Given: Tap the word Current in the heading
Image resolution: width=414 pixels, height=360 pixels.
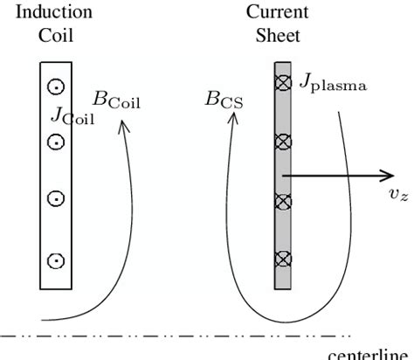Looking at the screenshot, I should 270,14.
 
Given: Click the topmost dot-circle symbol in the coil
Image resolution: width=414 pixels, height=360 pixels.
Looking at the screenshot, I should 54,87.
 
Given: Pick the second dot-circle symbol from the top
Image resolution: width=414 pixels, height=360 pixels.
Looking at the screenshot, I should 54,142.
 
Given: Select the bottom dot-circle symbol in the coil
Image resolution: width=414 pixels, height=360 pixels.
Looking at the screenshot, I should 54,260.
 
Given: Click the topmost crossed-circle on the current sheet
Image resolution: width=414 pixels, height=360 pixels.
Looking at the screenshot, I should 282,85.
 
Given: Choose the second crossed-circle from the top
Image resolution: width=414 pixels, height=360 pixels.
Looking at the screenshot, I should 282,142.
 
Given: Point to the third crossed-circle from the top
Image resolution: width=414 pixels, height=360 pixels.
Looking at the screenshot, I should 282,201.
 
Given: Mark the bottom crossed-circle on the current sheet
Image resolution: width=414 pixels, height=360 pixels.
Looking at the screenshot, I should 282,258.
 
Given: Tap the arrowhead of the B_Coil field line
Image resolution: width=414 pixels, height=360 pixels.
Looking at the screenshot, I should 123,125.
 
